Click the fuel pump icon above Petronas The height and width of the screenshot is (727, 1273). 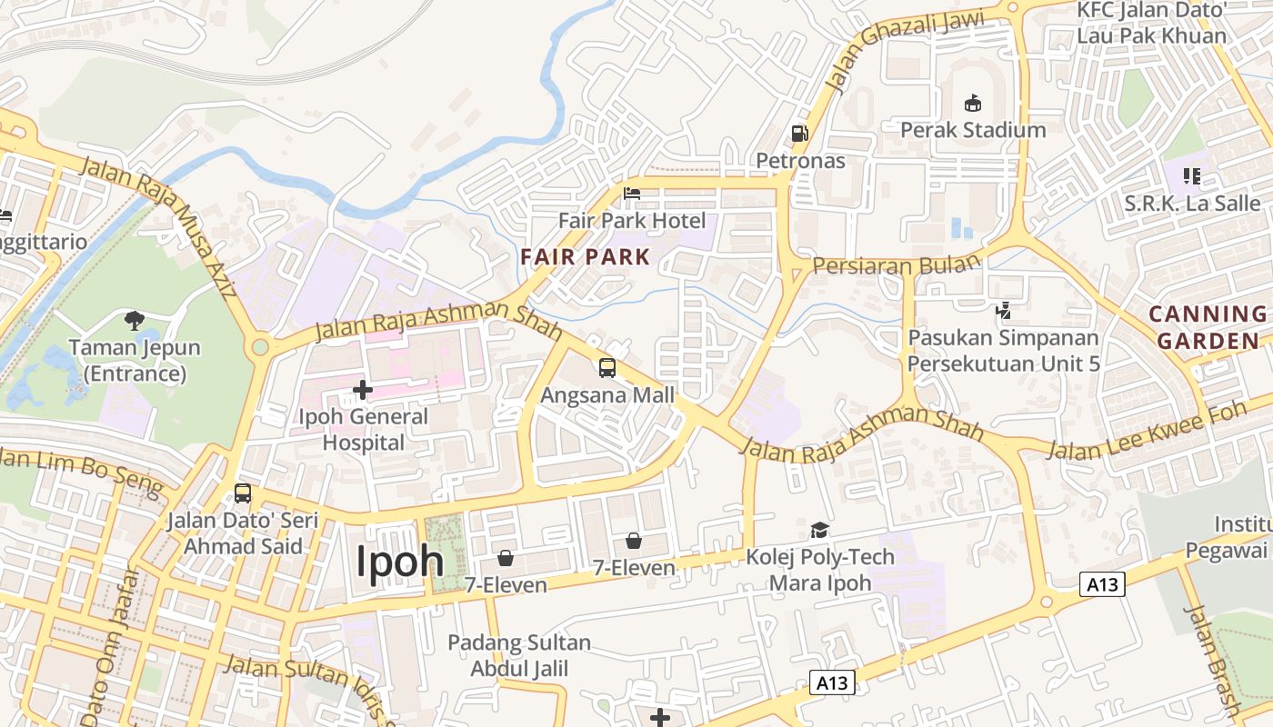(799, 134)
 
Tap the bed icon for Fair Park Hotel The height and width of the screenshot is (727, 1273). (632, 193)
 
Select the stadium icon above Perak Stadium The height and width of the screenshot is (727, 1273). (973, 102)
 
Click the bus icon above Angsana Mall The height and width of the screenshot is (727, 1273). (607, 368)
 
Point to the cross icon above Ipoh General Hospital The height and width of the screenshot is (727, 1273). (363, 391)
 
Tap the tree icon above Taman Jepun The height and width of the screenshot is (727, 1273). (135, 320)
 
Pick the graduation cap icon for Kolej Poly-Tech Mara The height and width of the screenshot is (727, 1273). (820, 530)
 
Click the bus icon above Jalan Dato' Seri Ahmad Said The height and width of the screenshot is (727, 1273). (243, 493)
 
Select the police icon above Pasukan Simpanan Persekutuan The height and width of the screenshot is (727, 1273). (1004, 311)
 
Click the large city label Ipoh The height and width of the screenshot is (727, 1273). (399, 561)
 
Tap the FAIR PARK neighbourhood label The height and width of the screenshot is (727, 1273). (586, 257)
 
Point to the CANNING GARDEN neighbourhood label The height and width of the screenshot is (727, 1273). (1208, 328)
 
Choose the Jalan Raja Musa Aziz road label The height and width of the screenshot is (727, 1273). (158, 227)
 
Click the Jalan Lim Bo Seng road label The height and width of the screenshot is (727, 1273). (82, 470)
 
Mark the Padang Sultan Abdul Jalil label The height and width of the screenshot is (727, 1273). (519, 656)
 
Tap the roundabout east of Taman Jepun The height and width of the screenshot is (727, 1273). (261, 346)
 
